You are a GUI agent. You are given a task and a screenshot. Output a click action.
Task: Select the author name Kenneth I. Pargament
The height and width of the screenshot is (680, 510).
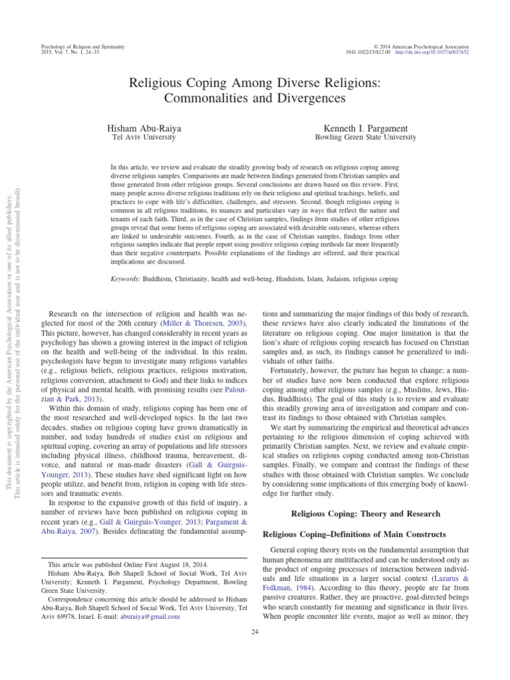[365, 127]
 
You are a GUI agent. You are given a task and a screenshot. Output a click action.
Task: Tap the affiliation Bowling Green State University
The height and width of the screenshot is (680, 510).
[365, 137]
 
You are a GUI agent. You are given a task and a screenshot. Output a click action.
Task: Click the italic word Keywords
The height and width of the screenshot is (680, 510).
[126, 280]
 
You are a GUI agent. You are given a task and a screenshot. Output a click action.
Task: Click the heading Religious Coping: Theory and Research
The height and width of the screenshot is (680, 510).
[366, 513]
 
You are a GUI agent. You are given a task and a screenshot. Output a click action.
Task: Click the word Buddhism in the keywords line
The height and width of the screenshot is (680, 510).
[163, 280]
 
